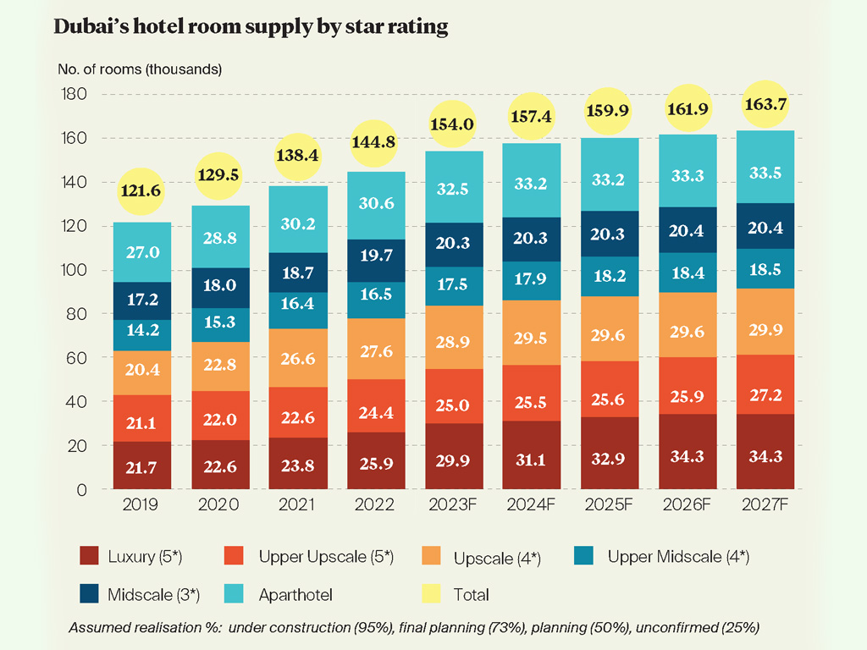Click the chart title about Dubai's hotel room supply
pyautogui.click(x=251, y=27)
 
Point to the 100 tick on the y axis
pyautogui.click(x=75, y=271)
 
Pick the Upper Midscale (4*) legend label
pyautogui.click(x=677, y=556)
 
